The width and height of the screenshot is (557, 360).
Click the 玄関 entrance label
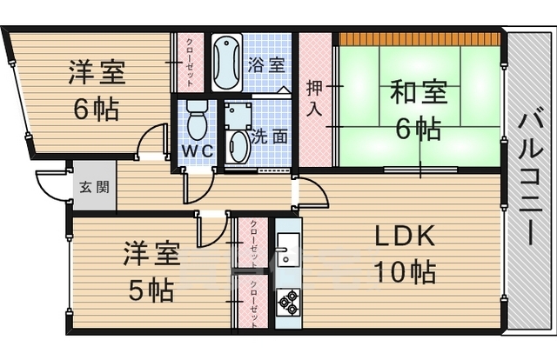[89, 186]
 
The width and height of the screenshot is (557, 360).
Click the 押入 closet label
[315, 97]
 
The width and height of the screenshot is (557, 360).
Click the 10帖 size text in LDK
[405, 272]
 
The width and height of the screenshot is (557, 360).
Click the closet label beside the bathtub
[190, 60]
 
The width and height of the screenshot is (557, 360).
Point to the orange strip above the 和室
[419, 38]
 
